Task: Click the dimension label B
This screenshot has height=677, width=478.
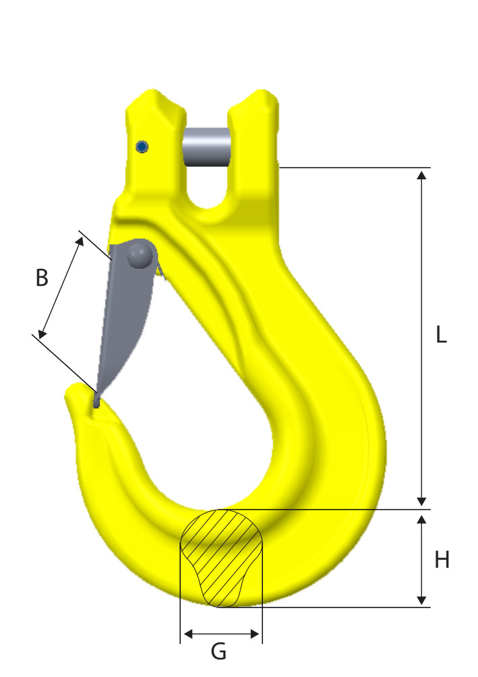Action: [42, 278]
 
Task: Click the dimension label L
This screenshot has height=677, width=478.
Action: [440, 335]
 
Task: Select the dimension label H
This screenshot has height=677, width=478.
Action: [442, 559]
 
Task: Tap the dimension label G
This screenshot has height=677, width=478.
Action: [218, 651]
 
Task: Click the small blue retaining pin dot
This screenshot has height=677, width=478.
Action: [142, 147]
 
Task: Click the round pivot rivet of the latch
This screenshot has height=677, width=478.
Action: [140, 254]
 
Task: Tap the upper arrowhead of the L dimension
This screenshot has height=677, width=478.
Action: [422, 175]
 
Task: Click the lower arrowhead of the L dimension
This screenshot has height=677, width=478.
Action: [422, 500]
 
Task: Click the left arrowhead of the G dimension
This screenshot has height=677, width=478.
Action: [188, 634]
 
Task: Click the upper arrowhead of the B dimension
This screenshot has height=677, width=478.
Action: [82, 240]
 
